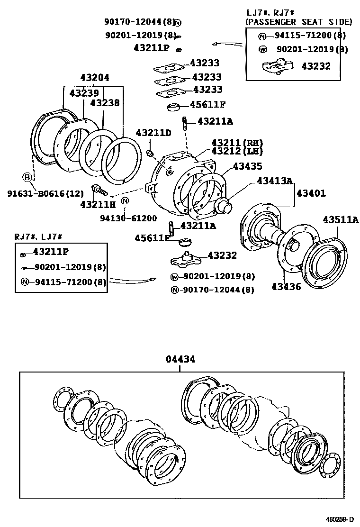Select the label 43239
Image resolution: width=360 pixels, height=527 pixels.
coord(84,93)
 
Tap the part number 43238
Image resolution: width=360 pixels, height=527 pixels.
coord(105,102)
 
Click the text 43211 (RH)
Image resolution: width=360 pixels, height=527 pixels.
coord(237,143)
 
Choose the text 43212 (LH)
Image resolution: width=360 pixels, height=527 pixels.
coord(237,151)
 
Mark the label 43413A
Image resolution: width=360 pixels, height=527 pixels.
coord(275,181)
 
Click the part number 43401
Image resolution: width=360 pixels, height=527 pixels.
coord(311,193)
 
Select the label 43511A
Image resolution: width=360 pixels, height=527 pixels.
coord(341,219)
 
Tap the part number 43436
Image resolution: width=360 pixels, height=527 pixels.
coord(286,286)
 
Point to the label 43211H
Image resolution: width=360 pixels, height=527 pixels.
coord(98,204)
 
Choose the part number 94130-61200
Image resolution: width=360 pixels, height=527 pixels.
coord(128,218)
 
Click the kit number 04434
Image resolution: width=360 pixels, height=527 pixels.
coord(180,360)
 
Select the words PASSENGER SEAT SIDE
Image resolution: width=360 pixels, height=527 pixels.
coord(298,22)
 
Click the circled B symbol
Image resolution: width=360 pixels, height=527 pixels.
coord(27,177)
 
